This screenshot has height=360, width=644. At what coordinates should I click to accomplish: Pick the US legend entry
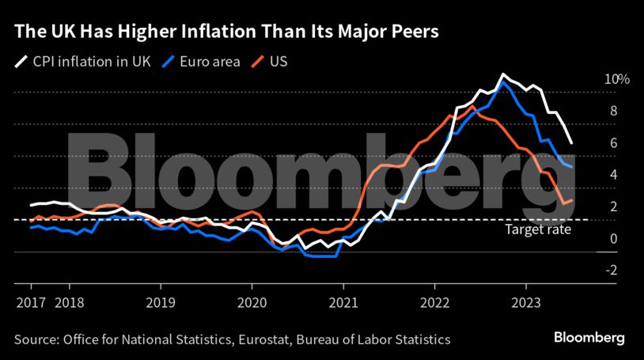[278, 60]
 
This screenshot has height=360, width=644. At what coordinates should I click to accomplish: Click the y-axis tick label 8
[612, 112]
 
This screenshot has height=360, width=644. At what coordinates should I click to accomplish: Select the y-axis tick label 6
[612, 143]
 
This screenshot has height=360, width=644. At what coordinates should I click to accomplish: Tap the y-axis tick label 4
[612, 175]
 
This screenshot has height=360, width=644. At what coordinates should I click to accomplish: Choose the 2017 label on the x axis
[31, 301]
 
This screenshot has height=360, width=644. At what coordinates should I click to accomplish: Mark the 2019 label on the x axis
[161, 301]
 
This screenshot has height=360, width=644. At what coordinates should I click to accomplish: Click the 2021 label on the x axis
[343, 301]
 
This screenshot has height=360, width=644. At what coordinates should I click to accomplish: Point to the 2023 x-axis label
[525, 301]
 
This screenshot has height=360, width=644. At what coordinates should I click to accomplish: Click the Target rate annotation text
[538, 230]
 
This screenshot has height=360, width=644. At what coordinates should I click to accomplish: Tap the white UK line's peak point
[502, 74]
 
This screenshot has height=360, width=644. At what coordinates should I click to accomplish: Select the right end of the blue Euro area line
[572, 167]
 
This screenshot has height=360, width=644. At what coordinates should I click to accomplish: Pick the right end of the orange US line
[572, 201]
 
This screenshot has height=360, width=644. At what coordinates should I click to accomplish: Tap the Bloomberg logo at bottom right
[588, 338]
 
